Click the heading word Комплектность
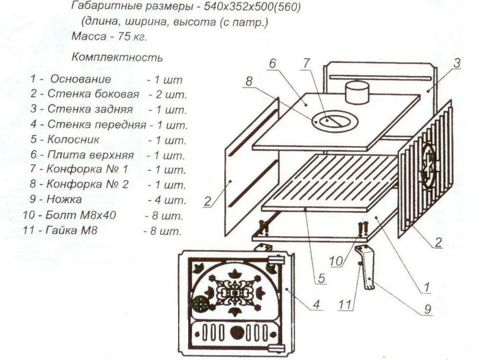pyautogui.click(x=117, y=57)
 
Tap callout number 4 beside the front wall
pyautogui.click(x=316, y=303)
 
